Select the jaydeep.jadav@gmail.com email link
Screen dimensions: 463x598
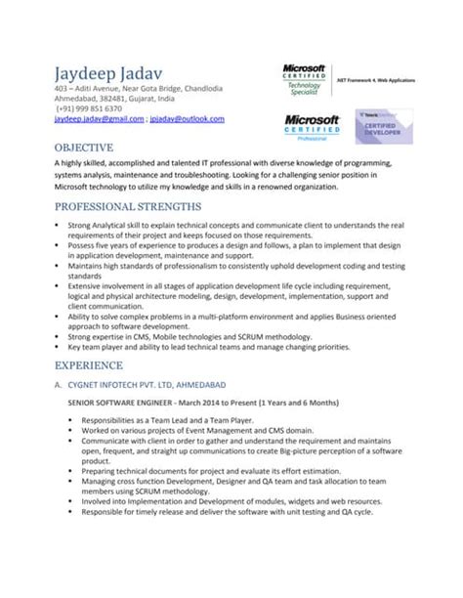[92, 119]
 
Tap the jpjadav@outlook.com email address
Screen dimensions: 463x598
[188, 119]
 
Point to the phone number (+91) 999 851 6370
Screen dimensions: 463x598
[83, 108]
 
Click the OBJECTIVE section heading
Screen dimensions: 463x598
[83, 146]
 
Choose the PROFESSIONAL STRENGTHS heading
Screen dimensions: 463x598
[128, 206]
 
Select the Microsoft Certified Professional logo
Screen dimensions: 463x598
[312, 124]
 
